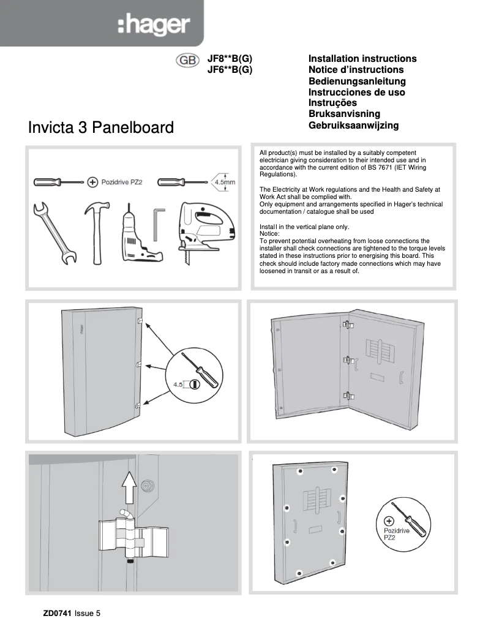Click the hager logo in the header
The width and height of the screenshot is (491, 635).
[154, 25]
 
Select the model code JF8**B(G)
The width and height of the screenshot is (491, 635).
[230, 59]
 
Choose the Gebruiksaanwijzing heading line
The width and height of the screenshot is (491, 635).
[353, 125]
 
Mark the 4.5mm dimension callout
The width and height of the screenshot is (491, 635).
[223, 182]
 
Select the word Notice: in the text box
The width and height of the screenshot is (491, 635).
[269, 233]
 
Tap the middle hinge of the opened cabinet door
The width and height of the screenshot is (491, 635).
[348, 360]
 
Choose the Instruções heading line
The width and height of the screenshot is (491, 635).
[332, 103]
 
